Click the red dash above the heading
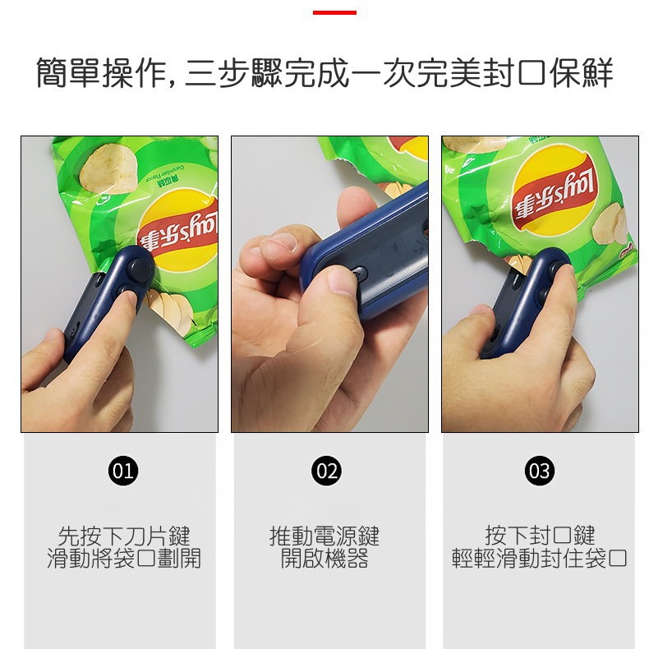[334, 12]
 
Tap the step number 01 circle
[122, 471]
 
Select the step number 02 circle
[327, 471]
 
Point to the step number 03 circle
[540, 471]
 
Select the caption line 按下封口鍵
[540, 536]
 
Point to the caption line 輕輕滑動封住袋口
[540, 559]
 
